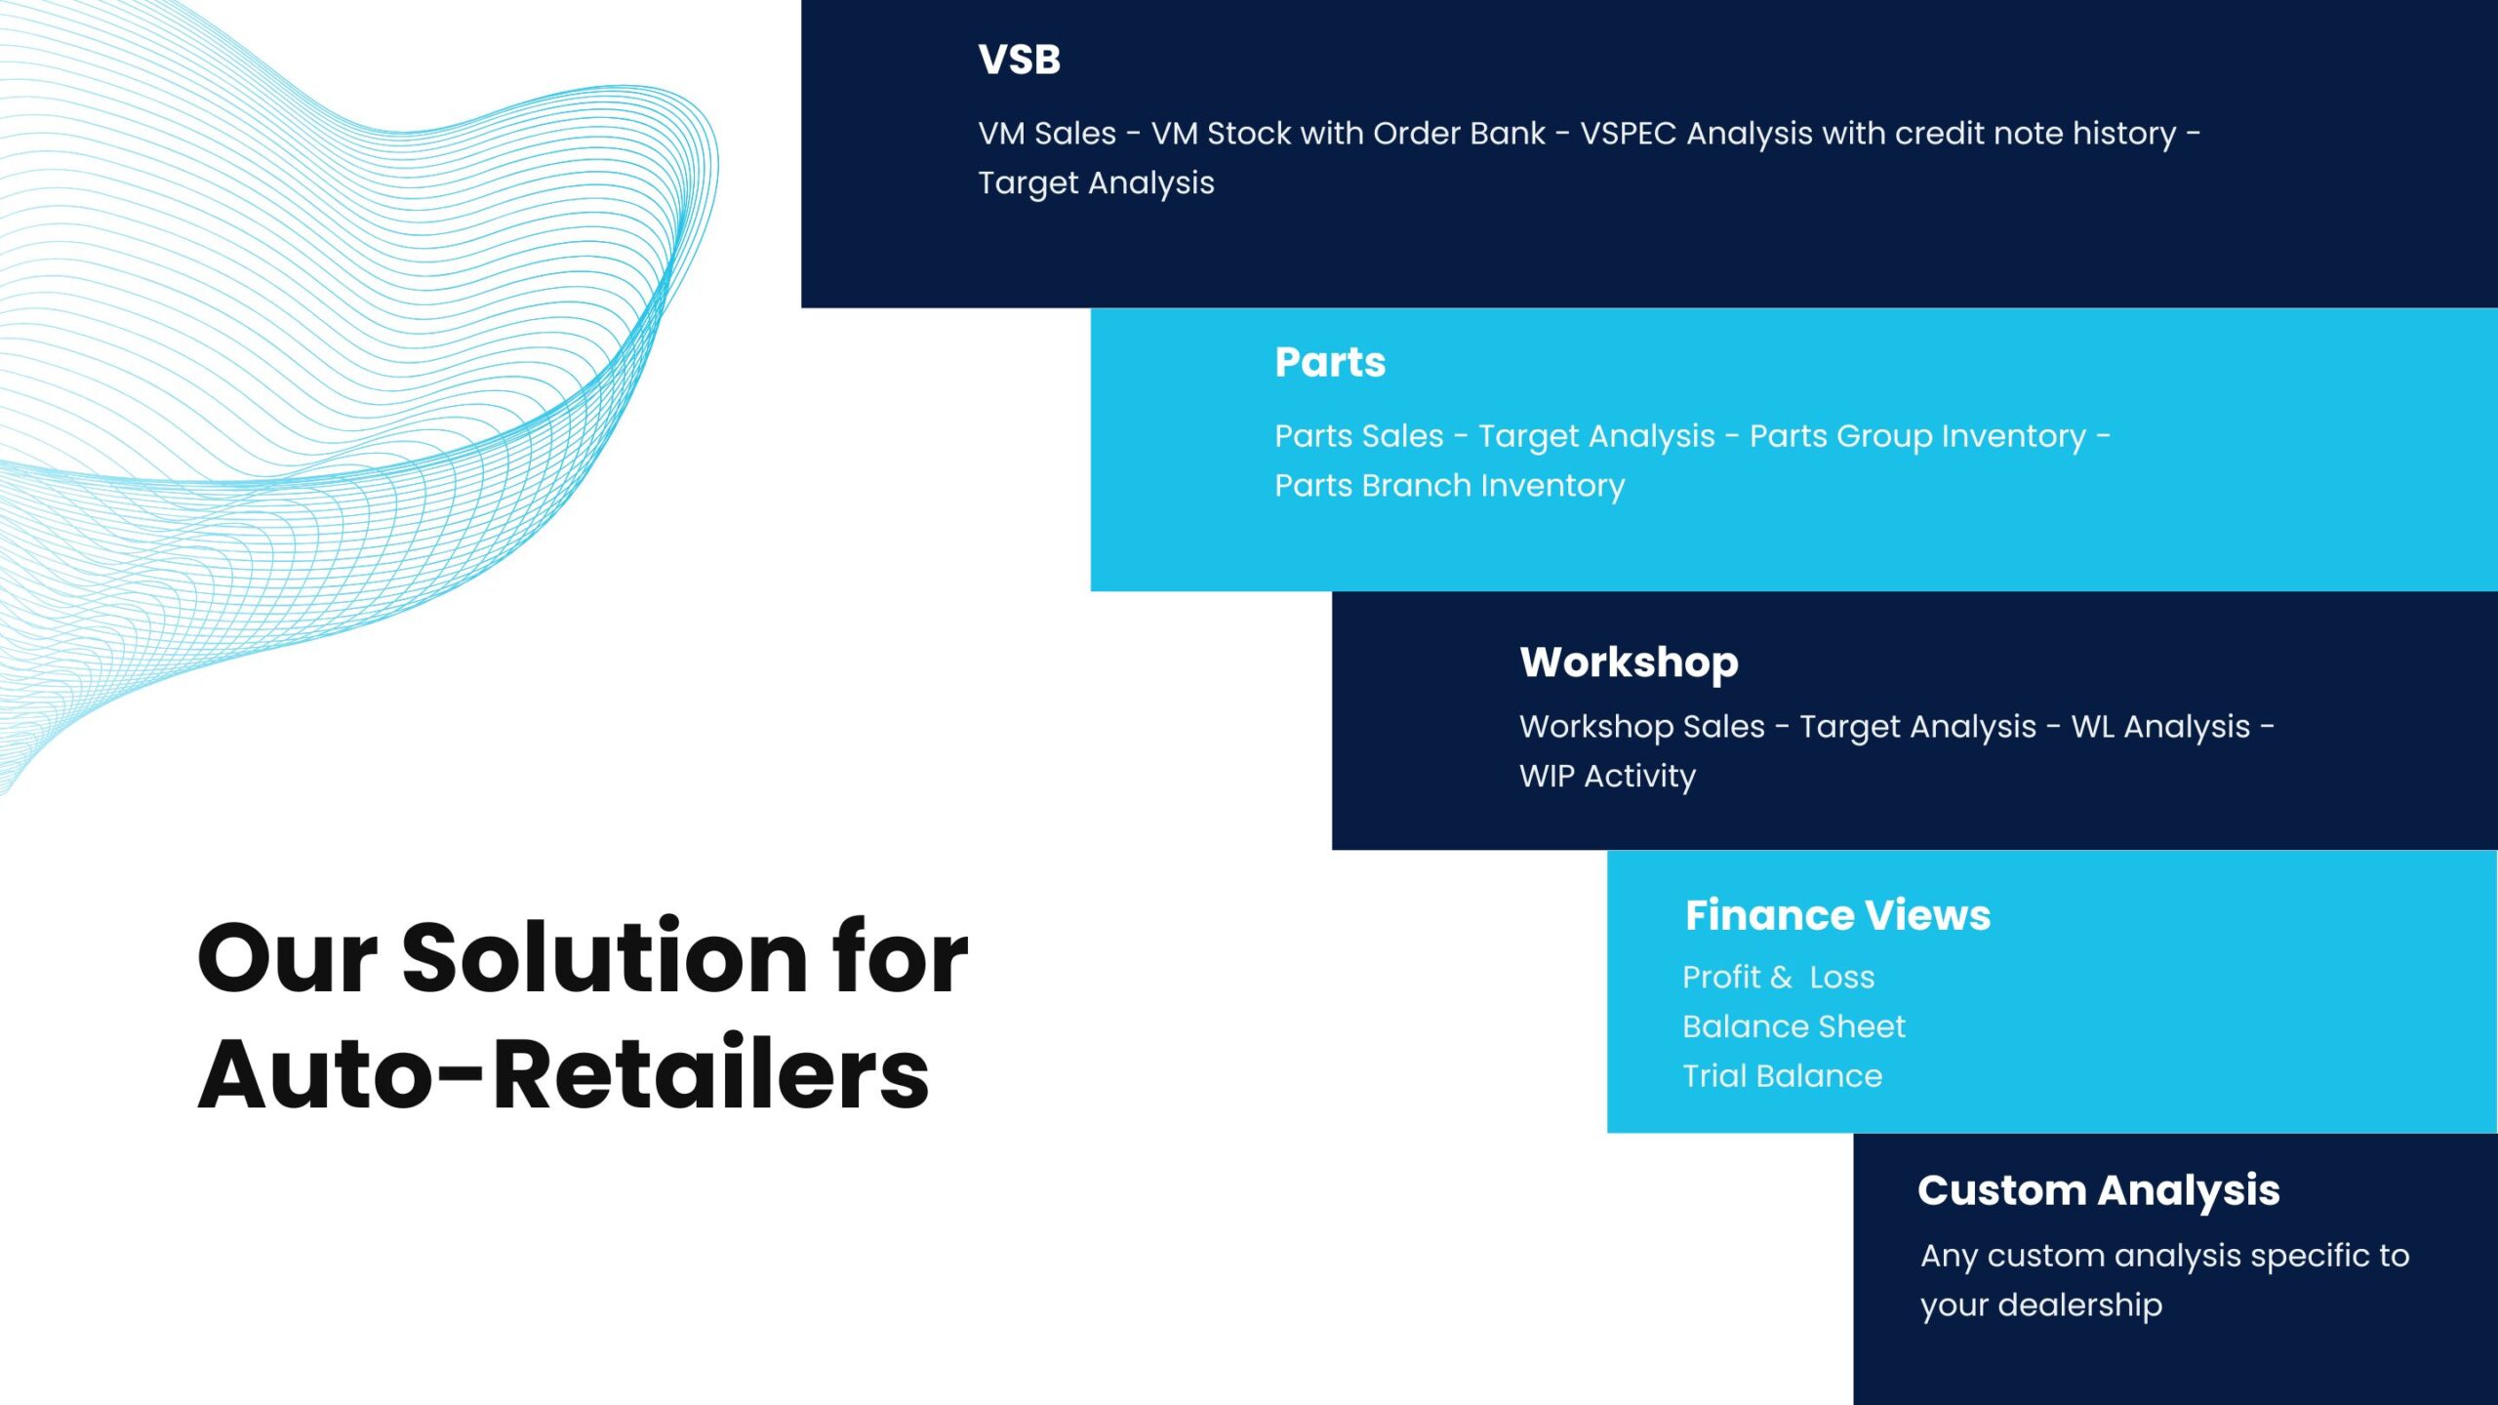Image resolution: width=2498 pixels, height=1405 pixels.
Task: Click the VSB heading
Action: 1019,60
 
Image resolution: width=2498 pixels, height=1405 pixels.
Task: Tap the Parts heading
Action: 1330,362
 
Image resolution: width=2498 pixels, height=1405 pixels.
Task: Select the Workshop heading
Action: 1629,663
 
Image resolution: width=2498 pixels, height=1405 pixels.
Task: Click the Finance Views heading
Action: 1837,915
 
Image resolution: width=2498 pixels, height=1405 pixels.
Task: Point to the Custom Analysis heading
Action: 2098,1191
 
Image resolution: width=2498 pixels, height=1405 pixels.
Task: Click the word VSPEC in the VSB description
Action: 1628,134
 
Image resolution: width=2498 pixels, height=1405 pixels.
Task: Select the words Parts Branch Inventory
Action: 1449,486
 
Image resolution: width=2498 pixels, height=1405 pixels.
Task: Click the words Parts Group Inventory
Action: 1917,436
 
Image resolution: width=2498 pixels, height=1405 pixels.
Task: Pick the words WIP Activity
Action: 1607,777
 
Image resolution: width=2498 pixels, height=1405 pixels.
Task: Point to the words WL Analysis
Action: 2160,727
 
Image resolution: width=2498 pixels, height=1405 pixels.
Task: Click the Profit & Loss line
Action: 1778,977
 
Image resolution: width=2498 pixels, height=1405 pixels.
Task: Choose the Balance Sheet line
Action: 1793,1026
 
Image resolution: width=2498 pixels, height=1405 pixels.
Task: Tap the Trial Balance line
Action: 1782,1076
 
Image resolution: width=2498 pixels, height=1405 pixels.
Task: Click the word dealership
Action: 2080,1305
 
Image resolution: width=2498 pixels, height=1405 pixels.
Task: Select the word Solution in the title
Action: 605,959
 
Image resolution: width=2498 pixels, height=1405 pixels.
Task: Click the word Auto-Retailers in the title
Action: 563,1074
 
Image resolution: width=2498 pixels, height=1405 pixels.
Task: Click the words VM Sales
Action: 1047,134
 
